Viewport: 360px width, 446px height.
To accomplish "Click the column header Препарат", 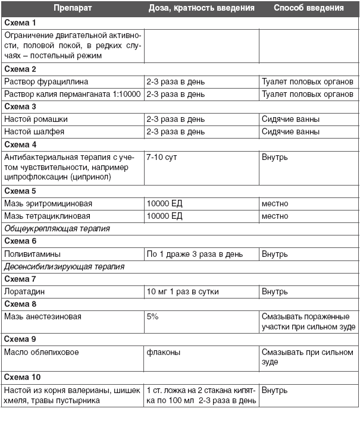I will [x=72, y=8].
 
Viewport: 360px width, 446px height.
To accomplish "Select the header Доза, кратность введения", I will [x=201, y=8].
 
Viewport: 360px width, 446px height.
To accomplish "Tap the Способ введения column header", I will [x=308, y=8].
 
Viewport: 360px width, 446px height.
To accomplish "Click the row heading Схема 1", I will [x=20, y=23].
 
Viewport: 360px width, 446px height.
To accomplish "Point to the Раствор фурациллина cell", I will [x=46, y=81].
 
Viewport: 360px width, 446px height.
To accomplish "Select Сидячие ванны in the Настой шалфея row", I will [x=290, y=131].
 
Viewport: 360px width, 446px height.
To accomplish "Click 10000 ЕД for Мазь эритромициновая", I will [x=164, y=204].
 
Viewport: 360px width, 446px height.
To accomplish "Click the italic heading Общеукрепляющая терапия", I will [x=57, y=228].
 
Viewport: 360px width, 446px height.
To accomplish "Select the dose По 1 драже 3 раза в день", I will [x=195, y=254].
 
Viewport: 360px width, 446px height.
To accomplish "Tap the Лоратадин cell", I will [x=24, y=292].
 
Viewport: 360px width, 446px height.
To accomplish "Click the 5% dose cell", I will [x=152, y=317].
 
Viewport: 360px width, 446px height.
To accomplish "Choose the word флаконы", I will [x=163, y=352].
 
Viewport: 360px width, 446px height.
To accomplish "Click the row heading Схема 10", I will [x=23, y=377].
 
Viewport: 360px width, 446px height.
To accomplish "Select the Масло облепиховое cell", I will [x=41, y=352].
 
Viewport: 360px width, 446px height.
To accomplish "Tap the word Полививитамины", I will [x=32, y=254].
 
